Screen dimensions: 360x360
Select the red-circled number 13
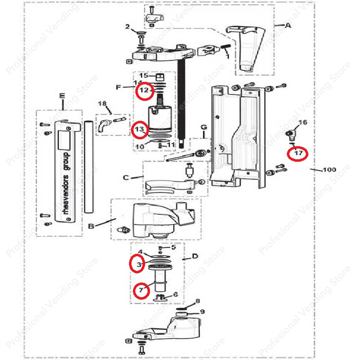140,129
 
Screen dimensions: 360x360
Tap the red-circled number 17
298,153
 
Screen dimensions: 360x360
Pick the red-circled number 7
141,290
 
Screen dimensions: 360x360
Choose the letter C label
126,178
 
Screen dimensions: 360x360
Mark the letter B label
91,226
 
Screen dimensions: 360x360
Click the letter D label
195,256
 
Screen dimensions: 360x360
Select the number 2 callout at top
127,27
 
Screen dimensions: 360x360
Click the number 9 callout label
202,312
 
